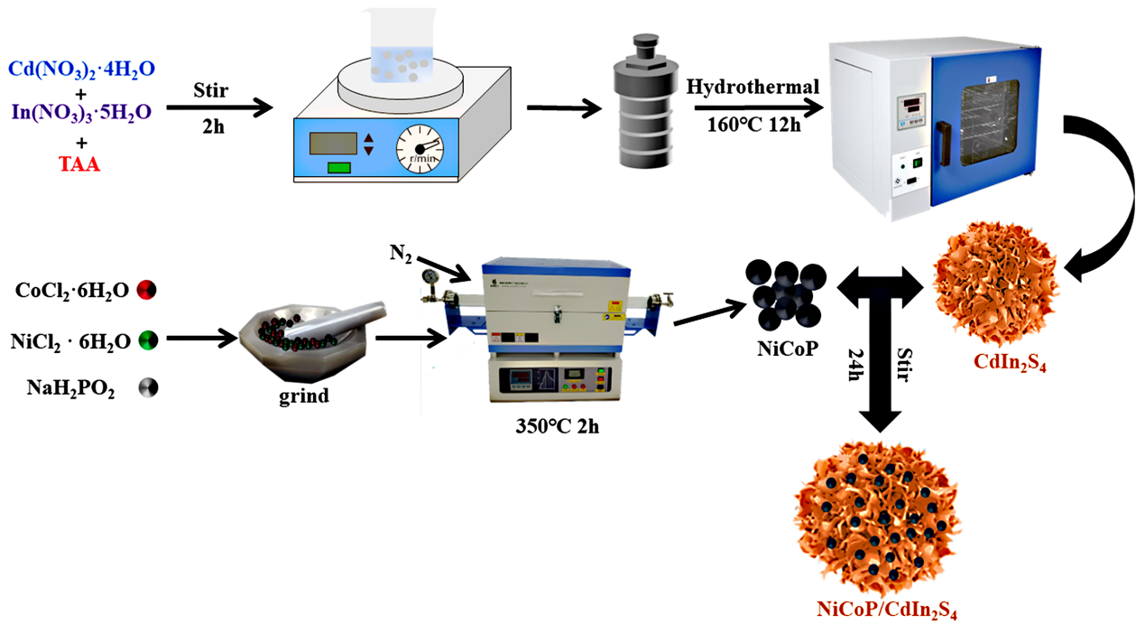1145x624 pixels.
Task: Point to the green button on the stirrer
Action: click(339, 167)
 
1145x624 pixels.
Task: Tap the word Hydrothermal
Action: click(753, 87)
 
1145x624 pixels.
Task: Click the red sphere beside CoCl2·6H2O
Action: click(147, 291)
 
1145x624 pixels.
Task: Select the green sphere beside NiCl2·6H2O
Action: click(148, 341)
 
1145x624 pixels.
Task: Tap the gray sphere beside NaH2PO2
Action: click(147, 389)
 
